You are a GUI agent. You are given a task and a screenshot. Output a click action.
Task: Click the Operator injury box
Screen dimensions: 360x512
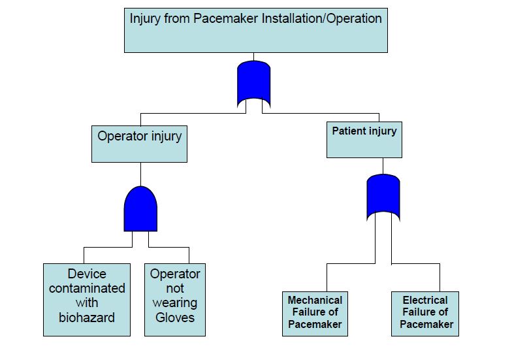139,144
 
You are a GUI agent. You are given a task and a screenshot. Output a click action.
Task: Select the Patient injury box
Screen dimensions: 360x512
364,139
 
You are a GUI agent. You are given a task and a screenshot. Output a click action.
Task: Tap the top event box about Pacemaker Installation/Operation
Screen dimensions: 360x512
255,30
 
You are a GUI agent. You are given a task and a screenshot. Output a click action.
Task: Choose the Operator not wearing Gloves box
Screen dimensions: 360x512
174,299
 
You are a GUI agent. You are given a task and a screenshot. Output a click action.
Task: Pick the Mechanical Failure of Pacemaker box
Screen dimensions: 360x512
315,314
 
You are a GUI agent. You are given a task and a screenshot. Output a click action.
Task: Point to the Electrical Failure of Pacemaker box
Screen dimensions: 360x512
425,314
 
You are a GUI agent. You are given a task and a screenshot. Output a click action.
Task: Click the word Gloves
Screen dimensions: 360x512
174,318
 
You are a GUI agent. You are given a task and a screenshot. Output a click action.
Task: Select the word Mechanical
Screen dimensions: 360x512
315,301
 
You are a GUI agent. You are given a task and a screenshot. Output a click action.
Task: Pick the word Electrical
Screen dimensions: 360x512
425,301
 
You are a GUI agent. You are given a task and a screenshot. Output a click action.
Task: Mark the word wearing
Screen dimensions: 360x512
174,303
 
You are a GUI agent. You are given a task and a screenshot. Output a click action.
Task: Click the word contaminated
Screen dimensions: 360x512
86,288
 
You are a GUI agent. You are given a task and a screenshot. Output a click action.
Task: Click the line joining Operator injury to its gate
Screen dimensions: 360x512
140,174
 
